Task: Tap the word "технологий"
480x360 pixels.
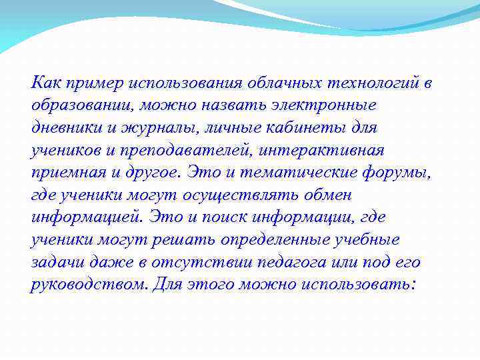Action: pyautogui.click(x=371, y=83)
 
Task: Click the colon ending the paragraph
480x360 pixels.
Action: pyautogui.click(x=415, y=285)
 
